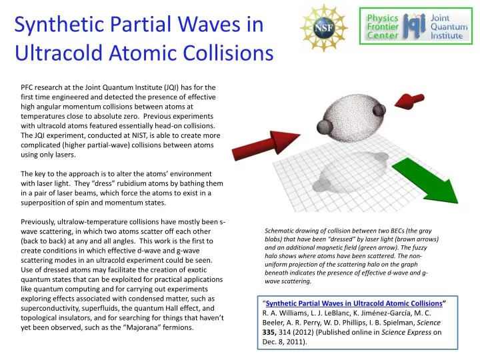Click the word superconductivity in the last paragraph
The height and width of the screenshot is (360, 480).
(x=57, y=308)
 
